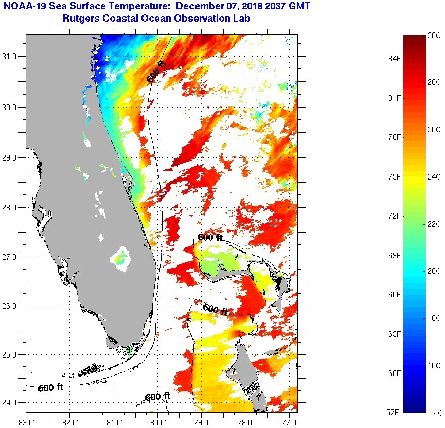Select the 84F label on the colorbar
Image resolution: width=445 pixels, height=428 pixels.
395,58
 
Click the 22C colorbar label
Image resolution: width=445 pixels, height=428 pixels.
435,224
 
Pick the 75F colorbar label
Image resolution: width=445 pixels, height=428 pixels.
395,176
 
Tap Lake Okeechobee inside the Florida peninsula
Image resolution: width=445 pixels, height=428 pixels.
122,256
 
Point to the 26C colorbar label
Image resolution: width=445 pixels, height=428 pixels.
435,129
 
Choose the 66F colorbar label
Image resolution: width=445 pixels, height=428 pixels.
395,294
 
